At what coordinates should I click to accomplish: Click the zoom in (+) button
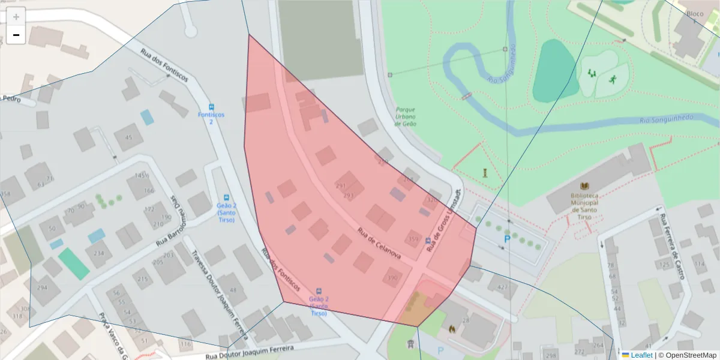tap(16, 17)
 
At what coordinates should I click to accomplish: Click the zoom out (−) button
tap(16, 35)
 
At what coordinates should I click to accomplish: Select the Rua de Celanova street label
tap(379, 243)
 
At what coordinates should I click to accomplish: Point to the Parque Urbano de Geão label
tap(406, 116)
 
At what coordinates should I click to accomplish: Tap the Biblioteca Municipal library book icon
tap(585, 187)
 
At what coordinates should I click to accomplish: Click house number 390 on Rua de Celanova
tap(392, 278)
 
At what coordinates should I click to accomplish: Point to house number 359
tap(413, 240)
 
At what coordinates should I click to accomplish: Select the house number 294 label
tap(42, 287)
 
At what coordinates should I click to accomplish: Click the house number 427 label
tap(502, 287)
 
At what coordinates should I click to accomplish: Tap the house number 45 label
tap(128, 137)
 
